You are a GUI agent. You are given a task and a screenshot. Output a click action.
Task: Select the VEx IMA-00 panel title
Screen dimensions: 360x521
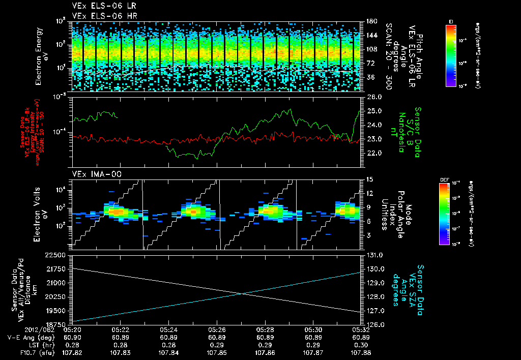92,174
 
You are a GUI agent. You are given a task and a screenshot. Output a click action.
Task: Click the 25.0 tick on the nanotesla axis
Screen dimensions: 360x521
374,111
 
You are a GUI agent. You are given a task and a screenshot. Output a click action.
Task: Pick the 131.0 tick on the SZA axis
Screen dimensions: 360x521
374,255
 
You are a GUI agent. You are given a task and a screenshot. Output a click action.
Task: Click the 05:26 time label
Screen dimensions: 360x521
217,330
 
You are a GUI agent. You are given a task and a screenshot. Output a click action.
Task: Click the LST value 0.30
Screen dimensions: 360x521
361,344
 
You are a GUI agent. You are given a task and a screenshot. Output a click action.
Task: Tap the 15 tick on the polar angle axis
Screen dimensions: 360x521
369,178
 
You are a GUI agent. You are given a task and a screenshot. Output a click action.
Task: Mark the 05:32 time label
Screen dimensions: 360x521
361,330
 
